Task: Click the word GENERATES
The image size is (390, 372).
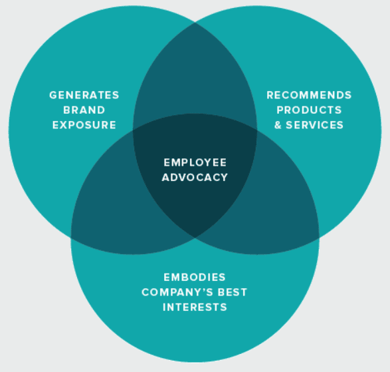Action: [84, 95]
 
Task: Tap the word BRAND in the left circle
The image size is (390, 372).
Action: [84, 110]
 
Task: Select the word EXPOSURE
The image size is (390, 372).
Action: [84, 125]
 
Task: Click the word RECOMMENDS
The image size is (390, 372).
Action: [309, 95]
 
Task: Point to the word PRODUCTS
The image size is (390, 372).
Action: [309, 110]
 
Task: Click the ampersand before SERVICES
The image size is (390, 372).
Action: [279, 125]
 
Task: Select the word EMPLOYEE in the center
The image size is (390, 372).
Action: [195, 162]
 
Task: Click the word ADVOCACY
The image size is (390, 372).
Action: [195, 178]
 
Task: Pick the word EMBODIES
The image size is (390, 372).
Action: [195, 277]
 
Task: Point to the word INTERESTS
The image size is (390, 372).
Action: [195, 307]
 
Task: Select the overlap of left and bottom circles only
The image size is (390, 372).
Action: [106, 206]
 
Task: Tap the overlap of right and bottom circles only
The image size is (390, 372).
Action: [282, 206]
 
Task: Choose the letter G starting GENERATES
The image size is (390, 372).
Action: [52, 95]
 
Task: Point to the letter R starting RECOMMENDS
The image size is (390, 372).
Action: [270, 95]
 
